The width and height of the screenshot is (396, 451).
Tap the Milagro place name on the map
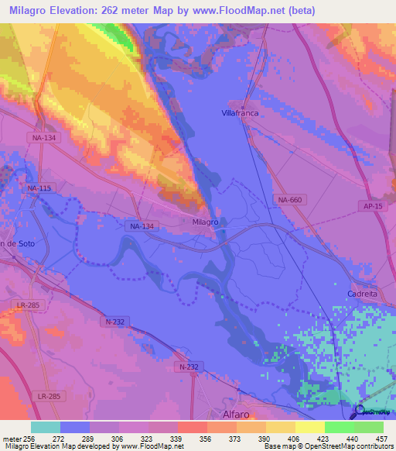[x=205, y=222]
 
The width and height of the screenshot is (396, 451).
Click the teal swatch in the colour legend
[x=45, y=427]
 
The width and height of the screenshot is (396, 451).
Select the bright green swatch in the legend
[x=339, y=427]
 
